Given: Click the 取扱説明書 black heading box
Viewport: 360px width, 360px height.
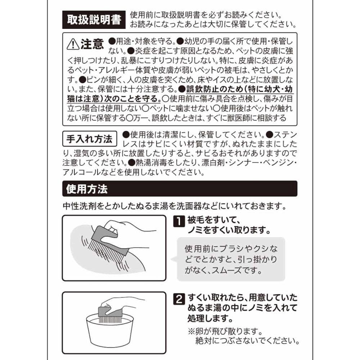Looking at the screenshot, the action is [x=94, y=20].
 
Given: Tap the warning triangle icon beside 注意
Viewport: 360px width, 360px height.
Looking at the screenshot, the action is [x=73, y=44].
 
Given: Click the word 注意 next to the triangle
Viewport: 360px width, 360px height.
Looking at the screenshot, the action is [x=92, y=44].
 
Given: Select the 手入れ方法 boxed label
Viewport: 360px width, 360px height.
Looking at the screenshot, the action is [x=90, y=139].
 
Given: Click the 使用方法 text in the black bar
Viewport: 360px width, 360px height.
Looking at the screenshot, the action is [x=87, y=189].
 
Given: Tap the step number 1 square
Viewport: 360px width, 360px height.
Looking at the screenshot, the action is [x=179, y=221].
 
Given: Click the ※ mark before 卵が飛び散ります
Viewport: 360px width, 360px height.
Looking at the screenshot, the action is [x=192, y=331].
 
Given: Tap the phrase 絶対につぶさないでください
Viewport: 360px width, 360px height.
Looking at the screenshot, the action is [x=248, y=341].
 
